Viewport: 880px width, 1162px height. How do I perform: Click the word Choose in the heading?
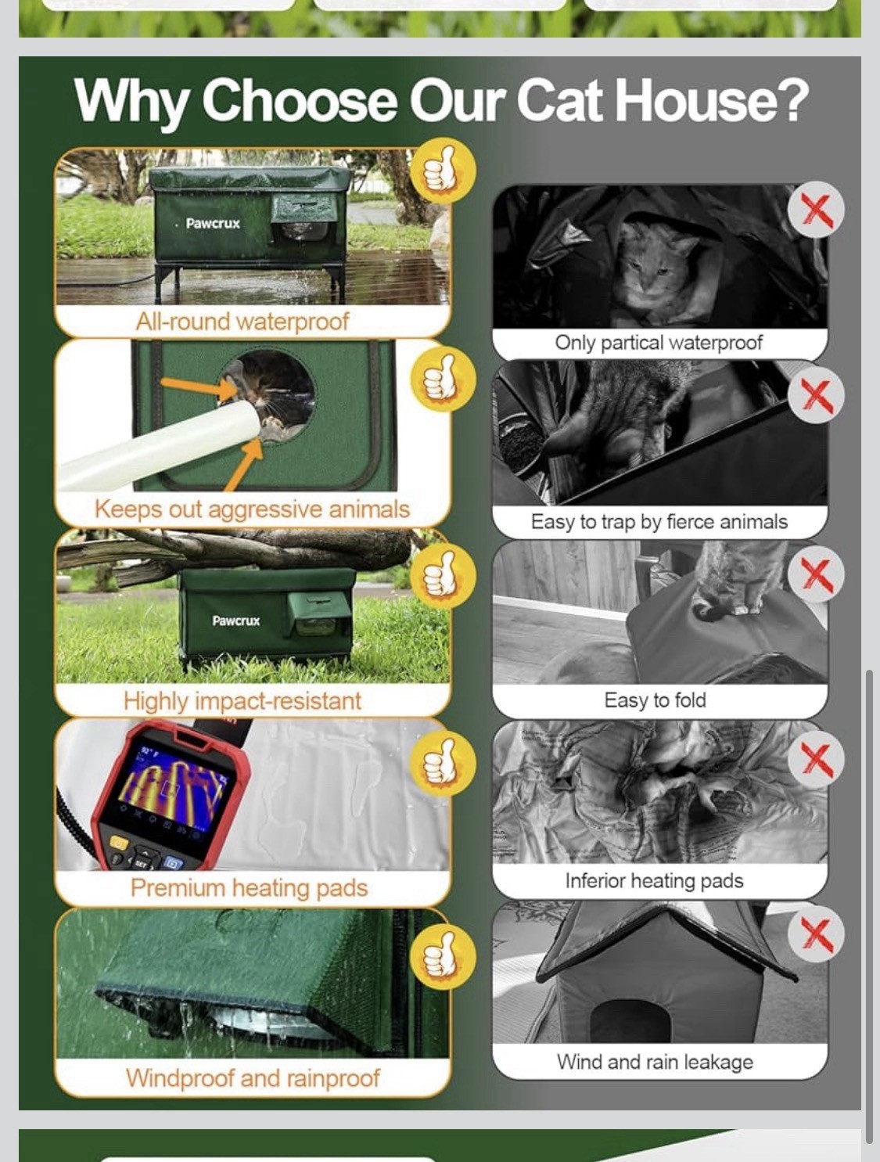[x=300, y=100]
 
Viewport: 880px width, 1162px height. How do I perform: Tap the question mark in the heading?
[x=788, y=99]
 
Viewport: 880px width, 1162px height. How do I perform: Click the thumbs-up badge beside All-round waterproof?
[x=443, y=171]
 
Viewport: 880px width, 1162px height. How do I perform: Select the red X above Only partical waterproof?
[x=815, y=209]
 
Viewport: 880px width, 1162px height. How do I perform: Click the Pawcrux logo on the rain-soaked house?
[x=213, y=223]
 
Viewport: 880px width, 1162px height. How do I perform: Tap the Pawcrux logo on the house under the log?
[x=236, y=621]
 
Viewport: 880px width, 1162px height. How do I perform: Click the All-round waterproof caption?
[x=242, y=322]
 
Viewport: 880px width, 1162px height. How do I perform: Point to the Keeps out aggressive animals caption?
[x=253, y=509]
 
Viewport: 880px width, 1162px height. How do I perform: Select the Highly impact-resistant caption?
[x=242, y=701]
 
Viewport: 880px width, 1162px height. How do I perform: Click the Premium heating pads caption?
[x=250, y=888]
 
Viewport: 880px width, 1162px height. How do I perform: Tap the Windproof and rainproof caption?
[x=253, y=1077]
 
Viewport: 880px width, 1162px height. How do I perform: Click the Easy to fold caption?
[x=655, y=700]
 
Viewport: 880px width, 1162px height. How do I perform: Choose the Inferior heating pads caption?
[x=655, y=881]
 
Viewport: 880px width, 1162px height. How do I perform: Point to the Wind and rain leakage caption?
[x=655, y=1062]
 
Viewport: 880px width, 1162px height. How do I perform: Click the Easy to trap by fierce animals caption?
[x=659, y=522]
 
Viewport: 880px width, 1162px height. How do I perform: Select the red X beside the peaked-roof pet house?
[x=816, y=934]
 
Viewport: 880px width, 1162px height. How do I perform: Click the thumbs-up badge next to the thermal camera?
[x=443, y=763]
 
